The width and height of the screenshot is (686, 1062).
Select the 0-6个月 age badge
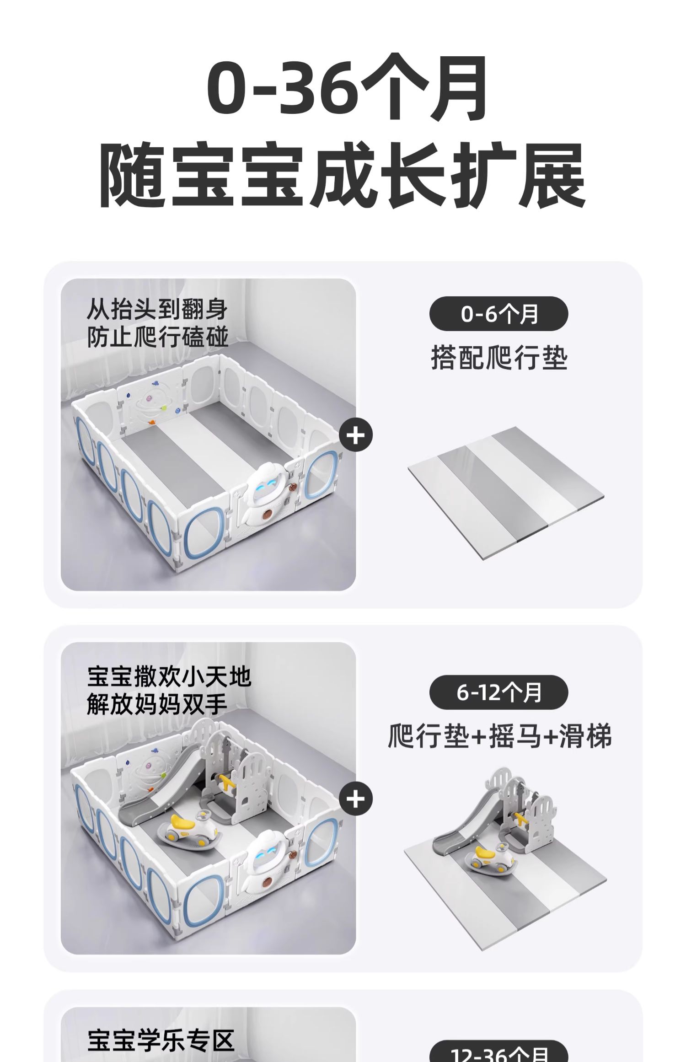pyautogui.click(x=498, y=314)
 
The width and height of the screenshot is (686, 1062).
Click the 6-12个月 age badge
pyautogui.click(x=498, y=692)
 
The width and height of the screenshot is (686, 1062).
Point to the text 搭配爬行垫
pyautogui.click(x=499, y=357)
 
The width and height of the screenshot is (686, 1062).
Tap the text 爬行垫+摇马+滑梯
pyautogui.click(x=499, y=736)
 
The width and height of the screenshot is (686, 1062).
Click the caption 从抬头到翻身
pyautogui.click(x=157, y=310)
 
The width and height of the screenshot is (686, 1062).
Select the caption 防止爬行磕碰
pyautogui.click(x=157, y=338)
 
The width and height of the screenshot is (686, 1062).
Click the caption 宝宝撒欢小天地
pyautogui.click(x=169, y=677)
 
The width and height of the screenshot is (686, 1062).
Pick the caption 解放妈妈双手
pyautogui.click(x=157, y=704)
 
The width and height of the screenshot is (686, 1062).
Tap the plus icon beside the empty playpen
pyautogui.click(x=356, y=435)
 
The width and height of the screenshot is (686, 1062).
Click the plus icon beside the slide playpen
pyautogui.click(x=356, y=799)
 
